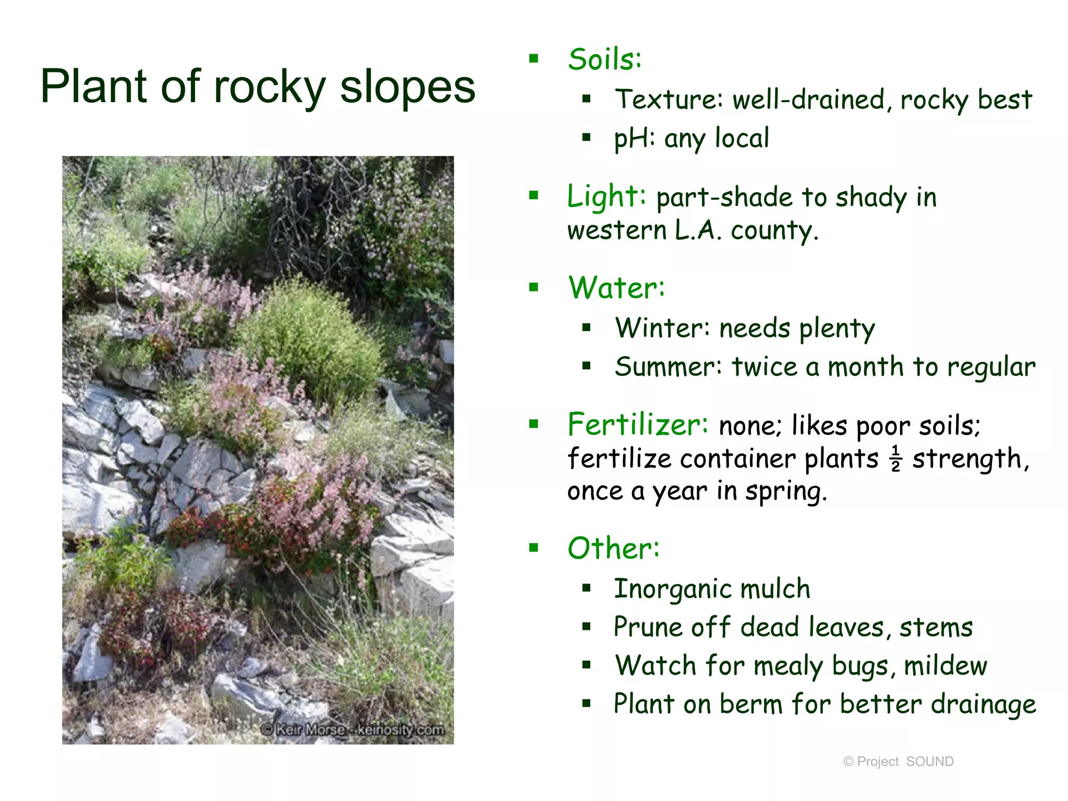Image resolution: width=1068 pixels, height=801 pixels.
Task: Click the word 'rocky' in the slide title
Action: coord(270,87)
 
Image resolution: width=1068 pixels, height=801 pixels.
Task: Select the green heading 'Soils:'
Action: coord(604,59)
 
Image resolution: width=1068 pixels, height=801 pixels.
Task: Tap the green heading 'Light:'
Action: coord(606,197)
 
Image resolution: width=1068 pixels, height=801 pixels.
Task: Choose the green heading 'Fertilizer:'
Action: coord(637,424)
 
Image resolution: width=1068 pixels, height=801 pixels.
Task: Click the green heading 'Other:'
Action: coord(613,549)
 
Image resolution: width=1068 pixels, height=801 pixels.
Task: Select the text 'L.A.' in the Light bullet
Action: coord(698,230)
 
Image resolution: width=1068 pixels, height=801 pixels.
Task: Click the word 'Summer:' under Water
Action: coord(668,367)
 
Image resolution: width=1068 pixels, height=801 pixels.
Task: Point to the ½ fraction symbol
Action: coord(895,458)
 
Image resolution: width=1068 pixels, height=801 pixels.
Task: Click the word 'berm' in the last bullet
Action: coord(751,704)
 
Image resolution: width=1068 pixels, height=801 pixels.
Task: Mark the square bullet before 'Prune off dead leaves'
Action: coord(587,627)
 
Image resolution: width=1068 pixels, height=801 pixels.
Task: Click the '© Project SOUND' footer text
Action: coord(898,761)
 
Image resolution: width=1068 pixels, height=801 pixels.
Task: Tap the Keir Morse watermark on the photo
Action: coord(353,730)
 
